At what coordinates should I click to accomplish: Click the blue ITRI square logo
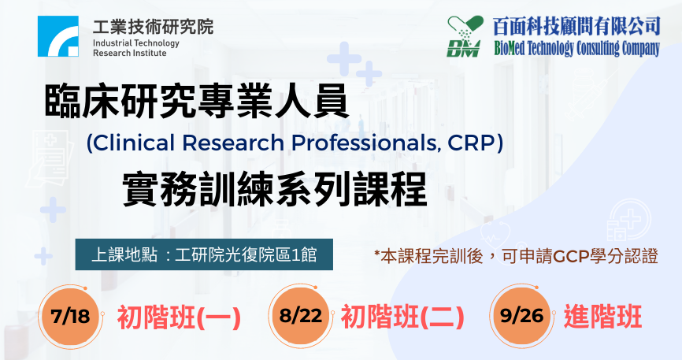tap(58, 36)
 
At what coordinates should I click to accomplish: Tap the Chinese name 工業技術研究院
tap(153, 27)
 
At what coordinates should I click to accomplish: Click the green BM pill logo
tap(465, 36)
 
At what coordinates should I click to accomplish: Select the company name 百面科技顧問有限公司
tap(576, 27)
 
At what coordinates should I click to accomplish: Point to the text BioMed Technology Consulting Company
tap(576, 48)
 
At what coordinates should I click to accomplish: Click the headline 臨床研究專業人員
tap(197, 101)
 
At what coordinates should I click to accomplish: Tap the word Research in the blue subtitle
tap(232, 143)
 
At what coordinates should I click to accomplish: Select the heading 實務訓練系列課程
tap(274, 189)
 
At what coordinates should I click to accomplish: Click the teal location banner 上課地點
tap(204, 254)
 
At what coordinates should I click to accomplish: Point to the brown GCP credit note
tap(517, 256)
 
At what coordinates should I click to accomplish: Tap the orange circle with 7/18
tap(70, 316)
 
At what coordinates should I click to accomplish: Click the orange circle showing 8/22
tap(300, 315)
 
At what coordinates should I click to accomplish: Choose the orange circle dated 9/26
tap(521, 315)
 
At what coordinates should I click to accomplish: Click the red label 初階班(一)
tap(179, 317)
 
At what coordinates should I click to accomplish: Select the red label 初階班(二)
tap(402, 317)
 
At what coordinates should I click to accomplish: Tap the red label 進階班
tap(602, 317)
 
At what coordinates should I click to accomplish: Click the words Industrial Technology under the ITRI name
tap(136, 43)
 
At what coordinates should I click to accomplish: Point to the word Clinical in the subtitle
tap(134, 143)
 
